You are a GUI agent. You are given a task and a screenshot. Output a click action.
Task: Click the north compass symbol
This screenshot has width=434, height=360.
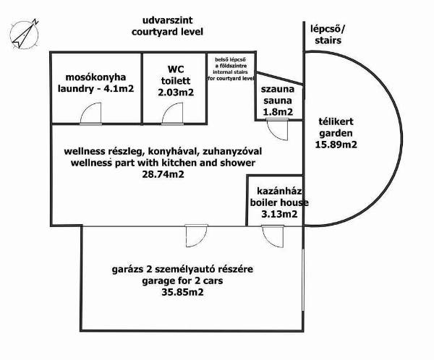tap(25, 34)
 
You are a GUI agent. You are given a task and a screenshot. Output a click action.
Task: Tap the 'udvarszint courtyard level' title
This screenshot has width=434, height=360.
tap(167, 26)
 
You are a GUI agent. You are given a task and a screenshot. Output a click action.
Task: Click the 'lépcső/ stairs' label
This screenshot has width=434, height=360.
tap(328, 35)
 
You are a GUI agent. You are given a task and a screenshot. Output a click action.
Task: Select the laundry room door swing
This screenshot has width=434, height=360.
tap(91, 113)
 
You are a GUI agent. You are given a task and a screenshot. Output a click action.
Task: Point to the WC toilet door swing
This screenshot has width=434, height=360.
tap(172, 113)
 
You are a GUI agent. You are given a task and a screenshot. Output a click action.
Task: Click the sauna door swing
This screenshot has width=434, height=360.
tap(277, 129)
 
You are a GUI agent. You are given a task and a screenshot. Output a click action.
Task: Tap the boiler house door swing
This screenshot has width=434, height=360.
tap(273, 236)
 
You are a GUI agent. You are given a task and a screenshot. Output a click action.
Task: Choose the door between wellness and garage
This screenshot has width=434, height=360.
tap(197, 236)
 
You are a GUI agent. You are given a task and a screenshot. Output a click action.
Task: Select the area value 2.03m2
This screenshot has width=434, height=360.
tap(176, 92)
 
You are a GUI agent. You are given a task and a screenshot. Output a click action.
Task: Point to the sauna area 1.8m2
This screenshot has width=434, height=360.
tap(278, 112)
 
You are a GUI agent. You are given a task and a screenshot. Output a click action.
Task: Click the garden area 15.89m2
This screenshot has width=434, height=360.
tap(336, 145)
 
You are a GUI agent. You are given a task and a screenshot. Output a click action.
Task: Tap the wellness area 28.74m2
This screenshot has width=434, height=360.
tap(163, 174)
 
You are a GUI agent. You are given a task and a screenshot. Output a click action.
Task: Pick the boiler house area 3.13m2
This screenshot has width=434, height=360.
tap(279, 214)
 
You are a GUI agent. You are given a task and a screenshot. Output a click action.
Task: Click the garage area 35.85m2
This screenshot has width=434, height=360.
tap(183, 292)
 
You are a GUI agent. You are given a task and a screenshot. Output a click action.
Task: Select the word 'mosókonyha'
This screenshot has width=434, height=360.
tap(95, 77)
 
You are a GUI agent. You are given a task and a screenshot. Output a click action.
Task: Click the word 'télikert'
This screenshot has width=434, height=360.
tap(336, 121)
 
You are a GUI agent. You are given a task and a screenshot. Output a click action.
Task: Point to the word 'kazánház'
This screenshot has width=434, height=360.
tap(279, 191)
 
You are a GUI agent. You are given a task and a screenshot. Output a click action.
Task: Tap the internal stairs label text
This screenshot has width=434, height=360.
tap(231, 69)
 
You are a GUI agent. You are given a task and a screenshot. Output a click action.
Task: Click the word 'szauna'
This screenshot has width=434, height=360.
tap(278, 89)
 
